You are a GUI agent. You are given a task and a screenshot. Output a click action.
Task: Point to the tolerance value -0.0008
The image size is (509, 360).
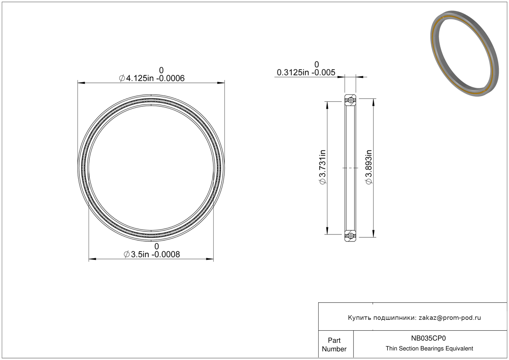[x=166, y=254]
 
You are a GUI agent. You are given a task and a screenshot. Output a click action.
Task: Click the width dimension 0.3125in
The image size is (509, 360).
[x=293, y=72]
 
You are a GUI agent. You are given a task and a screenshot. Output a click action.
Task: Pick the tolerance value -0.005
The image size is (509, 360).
[x=323, y=72]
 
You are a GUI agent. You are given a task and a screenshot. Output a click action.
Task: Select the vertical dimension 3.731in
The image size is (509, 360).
[x=323, y=167]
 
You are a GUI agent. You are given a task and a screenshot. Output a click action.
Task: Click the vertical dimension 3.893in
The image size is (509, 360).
[x=369, y=167]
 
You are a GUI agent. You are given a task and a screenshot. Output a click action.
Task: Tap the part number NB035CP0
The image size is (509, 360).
[x=428, y=338]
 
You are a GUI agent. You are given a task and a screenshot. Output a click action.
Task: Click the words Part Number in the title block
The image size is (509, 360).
[x=334, y=345]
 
